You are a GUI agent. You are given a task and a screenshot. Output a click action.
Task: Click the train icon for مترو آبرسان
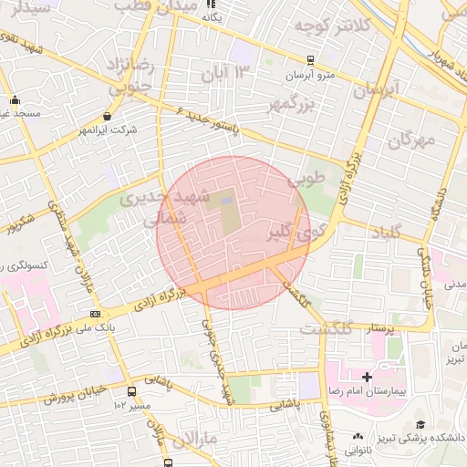[x=310, y=60]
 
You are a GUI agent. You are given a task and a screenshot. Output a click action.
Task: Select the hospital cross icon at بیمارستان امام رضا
[x=367, y=377]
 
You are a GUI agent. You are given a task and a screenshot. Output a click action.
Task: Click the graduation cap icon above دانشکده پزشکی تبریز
[x=420, y=424]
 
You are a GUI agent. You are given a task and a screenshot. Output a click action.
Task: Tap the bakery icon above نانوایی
[x=358, y=437]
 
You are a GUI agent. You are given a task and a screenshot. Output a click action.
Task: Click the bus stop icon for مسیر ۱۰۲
[x=134, y=391]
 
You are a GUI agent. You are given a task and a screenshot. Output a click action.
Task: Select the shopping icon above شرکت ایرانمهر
[x=108, y=116]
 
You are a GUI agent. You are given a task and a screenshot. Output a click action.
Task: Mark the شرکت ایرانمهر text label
[x=108, y=130]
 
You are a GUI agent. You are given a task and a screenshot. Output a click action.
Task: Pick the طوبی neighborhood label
[x=306, y=180]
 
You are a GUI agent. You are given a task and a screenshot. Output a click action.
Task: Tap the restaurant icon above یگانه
[x=213, y=4]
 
